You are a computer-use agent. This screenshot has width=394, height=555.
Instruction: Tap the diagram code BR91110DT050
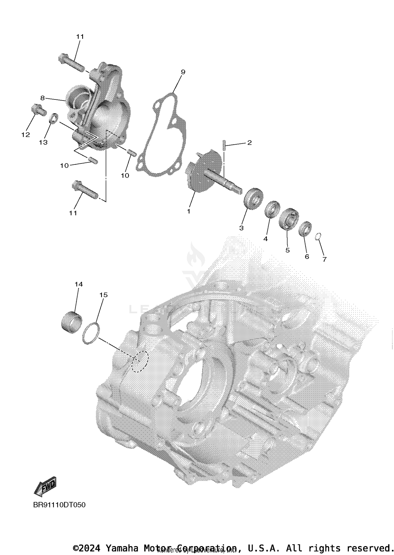(59, 505)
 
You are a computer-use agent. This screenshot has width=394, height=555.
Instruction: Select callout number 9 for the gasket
(183, 72)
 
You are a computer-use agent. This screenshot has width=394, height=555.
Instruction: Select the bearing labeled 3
(253, 198)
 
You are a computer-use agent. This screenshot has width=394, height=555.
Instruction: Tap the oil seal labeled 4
(272, 209)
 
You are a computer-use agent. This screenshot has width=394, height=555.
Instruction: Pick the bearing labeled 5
(288, 219)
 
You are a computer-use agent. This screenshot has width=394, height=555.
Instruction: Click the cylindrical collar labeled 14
(71, 322)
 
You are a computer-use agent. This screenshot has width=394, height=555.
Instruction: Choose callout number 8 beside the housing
(43, 98)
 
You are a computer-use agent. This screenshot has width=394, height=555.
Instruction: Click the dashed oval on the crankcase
(140, 361)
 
